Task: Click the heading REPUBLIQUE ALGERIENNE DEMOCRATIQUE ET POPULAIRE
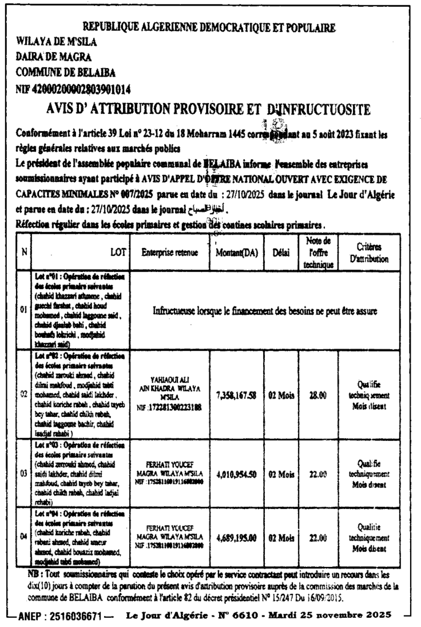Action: (209, 28)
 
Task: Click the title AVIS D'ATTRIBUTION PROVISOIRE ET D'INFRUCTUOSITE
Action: (209, 110)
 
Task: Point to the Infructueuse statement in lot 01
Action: (265, 310)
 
